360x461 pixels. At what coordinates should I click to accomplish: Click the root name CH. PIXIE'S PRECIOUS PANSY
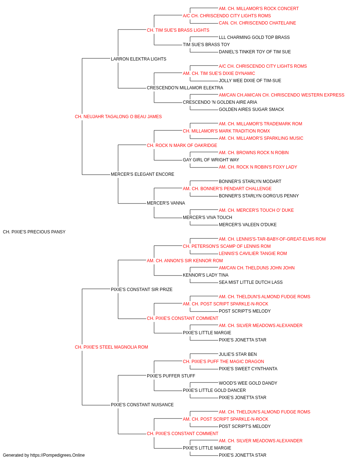click(x=34, y=232)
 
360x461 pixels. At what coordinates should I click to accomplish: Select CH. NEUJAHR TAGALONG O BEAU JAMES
click(x=118, y=117)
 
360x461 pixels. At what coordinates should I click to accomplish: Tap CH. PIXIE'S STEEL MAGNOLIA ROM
click(x=111, y=347)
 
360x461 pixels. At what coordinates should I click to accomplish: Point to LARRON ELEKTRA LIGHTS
click(x=139, y=59)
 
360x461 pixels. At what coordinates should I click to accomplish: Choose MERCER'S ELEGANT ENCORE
click(x=143, y=174)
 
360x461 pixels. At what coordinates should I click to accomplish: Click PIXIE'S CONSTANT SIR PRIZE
click(x=141, y=289)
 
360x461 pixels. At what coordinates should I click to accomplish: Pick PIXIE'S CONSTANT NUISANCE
click(x=142, y=404)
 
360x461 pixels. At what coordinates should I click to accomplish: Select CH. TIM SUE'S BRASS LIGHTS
click(x=178, y=30)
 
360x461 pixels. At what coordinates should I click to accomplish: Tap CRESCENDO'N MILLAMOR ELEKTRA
click(x=185, y=88)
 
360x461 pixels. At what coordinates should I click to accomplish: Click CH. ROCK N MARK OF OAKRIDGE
click(x=182, y=145)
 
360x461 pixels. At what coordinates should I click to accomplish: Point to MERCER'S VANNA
click(x=166, y=203)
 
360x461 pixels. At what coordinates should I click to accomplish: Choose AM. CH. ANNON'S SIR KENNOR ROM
click(x=185, y=260)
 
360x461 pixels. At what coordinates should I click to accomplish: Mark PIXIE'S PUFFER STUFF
click(x=171, y=376)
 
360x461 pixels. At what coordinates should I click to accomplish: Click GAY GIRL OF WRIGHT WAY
click(x=211, y=160)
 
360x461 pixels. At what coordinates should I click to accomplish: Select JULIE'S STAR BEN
click(x=238, y=354)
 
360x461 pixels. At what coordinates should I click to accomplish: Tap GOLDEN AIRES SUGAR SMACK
click(x=251, y=109)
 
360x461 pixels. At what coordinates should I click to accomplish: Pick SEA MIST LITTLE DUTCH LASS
click(x=251, y=282)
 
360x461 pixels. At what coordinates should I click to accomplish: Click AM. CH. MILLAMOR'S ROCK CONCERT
click(x=258, y=9)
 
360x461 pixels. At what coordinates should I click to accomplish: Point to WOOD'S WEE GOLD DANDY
click(x=248, y=383)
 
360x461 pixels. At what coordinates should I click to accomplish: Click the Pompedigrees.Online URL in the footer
click(x=58, y=455)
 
